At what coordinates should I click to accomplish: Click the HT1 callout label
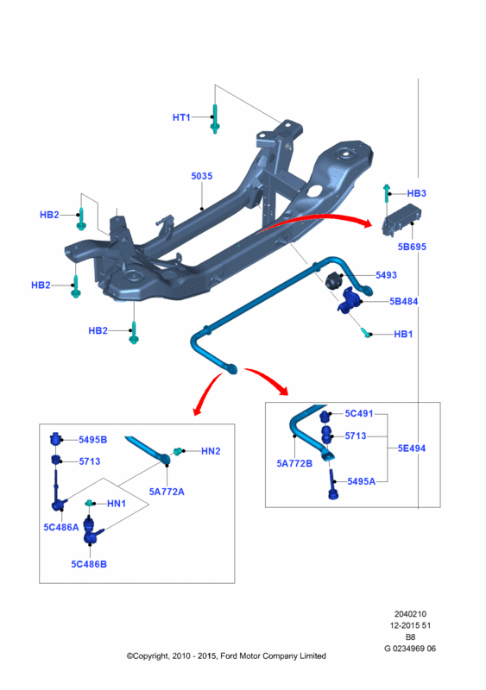pyautogui.click(x=181, y=117)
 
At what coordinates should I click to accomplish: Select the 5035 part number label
pyautogui.click(x=202, y=176)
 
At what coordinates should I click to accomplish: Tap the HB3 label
pyautogui.click(x=416, y=193)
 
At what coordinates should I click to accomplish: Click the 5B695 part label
pyautogui.click(x=412, y=247)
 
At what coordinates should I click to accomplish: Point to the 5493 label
pyautogui.click(x=387, y=275)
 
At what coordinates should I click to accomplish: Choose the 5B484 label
pyautogui.click(x=404, y=301)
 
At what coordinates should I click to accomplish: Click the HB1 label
pyautogui.click(x=403, y=335)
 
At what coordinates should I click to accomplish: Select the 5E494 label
pyautogui.click(x=412, y=448)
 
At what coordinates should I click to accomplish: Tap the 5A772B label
pyautogui.click(x=294, y=463)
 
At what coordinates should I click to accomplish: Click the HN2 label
pyautogui.click(x=211, y=451)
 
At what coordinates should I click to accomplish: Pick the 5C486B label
pyautogui.click(x=89, y=564)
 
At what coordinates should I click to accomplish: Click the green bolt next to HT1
pyautogui.click(x=215, y=118)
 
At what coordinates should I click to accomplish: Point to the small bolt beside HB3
pyautogui.click(x=387, y=192)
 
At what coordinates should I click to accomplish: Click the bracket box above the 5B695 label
pyautogui.click(x=401, y=220)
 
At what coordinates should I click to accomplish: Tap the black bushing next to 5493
pyautogui.click(x=333, y=279)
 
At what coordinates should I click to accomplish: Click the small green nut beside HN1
pyautogui.click(x=90, y=503)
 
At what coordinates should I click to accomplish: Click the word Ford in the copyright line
pyautogui.click(x=229, y=656)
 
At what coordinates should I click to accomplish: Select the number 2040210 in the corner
pyautogui.click(x=410, y=614)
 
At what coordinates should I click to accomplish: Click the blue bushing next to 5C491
pyautogui.click(x=325, y=415)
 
